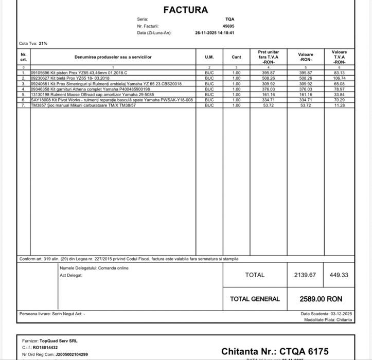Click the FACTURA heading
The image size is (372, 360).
click(186, 10)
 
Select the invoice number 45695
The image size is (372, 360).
click(228, 26)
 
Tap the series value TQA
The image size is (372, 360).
click(229, 19)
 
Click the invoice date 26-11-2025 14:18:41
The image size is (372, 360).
click(215, 32)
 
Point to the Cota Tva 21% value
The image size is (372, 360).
click(43, 44)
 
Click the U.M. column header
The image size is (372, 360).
click(209, 57)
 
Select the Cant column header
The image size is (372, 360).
click(236, 57)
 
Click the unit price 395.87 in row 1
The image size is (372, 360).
click(269, 73)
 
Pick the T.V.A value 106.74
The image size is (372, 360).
click(339, 78)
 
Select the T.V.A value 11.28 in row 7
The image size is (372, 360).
click(339, 105)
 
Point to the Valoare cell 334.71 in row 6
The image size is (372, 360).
click(306, 100)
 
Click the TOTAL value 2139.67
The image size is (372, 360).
click(305, 275)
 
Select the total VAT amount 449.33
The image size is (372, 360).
click(339, 275)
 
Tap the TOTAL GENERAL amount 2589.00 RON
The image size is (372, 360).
click(321, 299)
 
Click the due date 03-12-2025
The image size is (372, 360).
click(341, 314)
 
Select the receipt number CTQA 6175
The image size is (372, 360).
click(304, 351)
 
